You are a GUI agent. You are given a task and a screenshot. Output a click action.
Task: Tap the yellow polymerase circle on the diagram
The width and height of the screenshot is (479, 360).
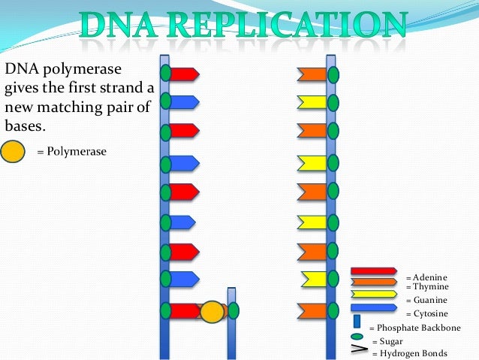pos(212,311)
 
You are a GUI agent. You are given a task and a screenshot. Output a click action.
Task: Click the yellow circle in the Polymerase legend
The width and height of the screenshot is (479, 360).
pos(14,152)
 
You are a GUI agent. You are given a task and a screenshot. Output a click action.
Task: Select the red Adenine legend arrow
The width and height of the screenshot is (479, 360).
pos(373,271)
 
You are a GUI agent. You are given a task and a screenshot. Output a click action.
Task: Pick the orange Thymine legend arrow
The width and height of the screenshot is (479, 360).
pos(373,282)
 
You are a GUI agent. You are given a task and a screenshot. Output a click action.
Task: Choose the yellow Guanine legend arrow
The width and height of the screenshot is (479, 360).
pos(373,294)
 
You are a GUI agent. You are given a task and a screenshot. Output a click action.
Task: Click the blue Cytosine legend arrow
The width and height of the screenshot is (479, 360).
pos(373,307)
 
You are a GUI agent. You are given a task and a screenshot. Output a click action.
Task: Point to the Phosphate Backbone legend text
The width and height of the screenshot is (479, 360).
pos(418,328)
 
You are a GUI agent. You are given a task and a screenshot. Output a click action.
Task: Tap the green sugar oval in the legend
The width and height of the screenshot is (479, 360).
pos(357,336)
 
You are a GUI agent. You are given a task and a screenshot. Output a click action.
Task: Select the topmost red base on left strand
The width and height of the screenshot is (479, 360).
pos(183,74)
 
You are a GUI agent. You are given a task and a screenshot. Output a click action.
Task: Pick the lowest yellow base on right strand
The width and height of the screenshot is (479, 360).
pos(314,278)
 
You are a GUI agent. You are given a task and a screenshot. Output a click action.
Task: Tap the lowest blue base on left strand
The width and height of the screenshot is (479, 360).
pos(183,278)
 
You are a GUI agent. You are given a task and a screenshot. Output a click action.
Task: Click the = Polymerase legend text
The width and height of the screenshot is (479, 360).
pos(71,152)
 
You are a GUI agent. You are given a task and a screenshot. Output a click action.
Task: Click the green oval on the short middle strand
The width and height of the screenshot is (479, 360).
pos(233,310)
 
